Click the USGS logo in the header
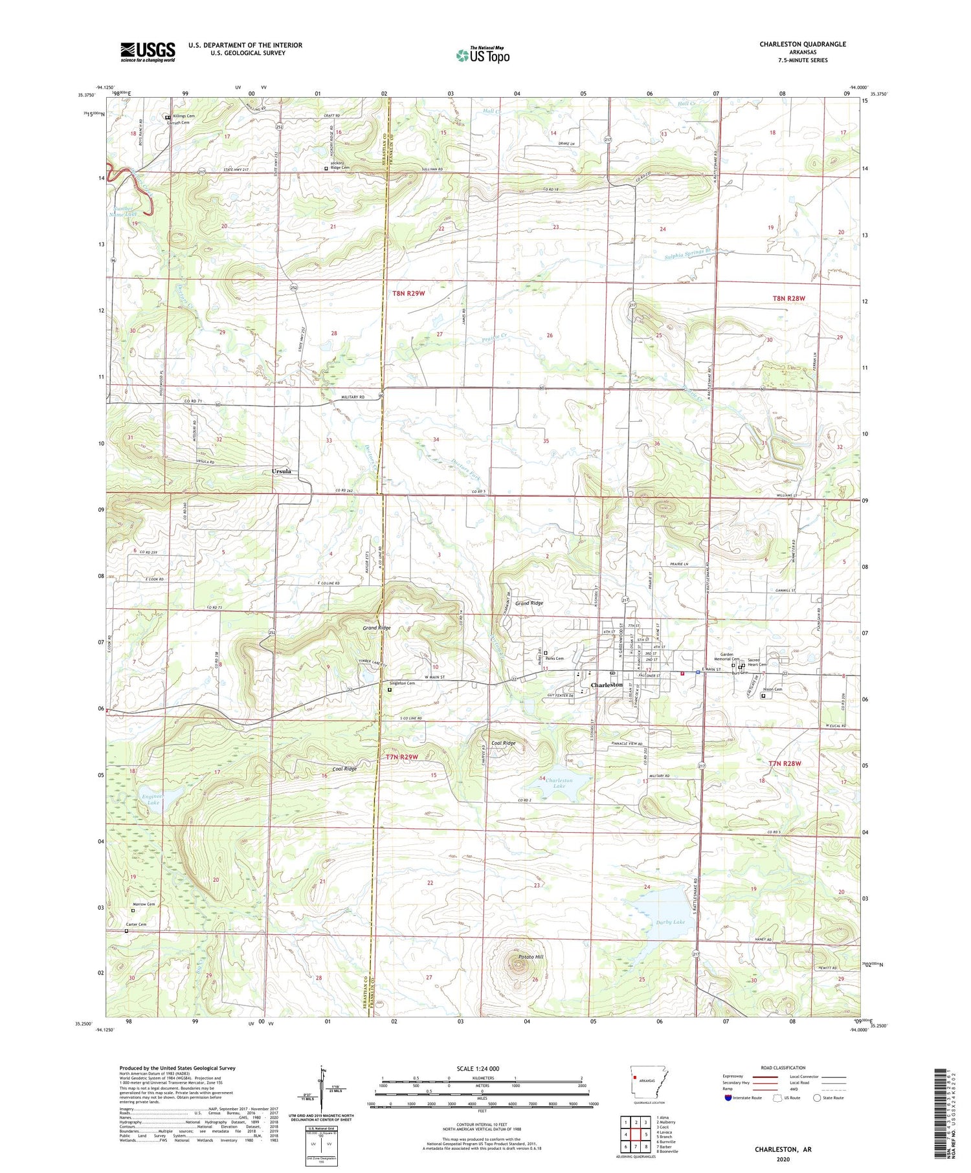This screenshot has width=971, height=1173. (148, 52)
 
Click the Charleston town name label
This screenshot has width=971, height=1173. (606, 685)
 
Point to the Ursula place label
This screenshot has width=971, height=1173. (281, 472)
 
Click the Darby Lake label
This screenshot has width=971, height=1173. (670, 921)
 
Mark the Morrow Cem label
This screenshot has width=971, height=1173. (144, 904)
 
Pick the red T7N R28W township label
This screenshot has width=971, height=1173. (785, 763)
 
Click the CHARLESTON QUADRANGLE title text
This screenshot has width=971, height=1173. (803, 44)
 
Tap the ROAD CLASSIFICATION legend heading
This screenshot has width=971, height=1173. (783, 1068)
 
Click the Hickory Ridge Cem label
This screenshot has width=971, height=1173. (340, 166)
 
